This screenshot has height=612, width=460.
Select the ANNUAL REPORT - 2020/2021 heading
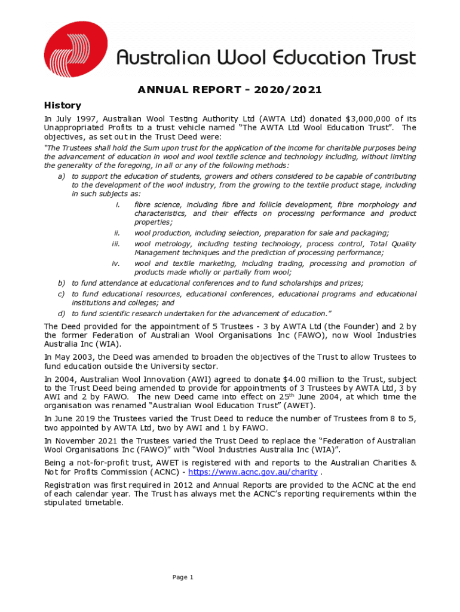[230, 90]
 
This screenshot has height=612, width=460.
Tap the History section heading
[63, 105]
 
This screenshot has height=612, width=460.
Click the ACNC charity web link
[253, 472]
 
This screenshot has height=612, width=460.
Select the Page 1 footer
[183, 577]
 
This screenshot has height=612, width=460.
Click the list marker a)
[61, 177]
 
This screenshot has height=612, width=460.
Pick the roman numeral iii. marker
[116, 244]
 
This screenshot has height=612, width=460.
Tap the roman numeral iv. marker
[116, 264]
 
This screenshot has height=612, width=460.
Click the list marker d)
[61, 313]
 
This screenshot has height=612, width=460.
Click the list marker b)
[61, 283]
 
